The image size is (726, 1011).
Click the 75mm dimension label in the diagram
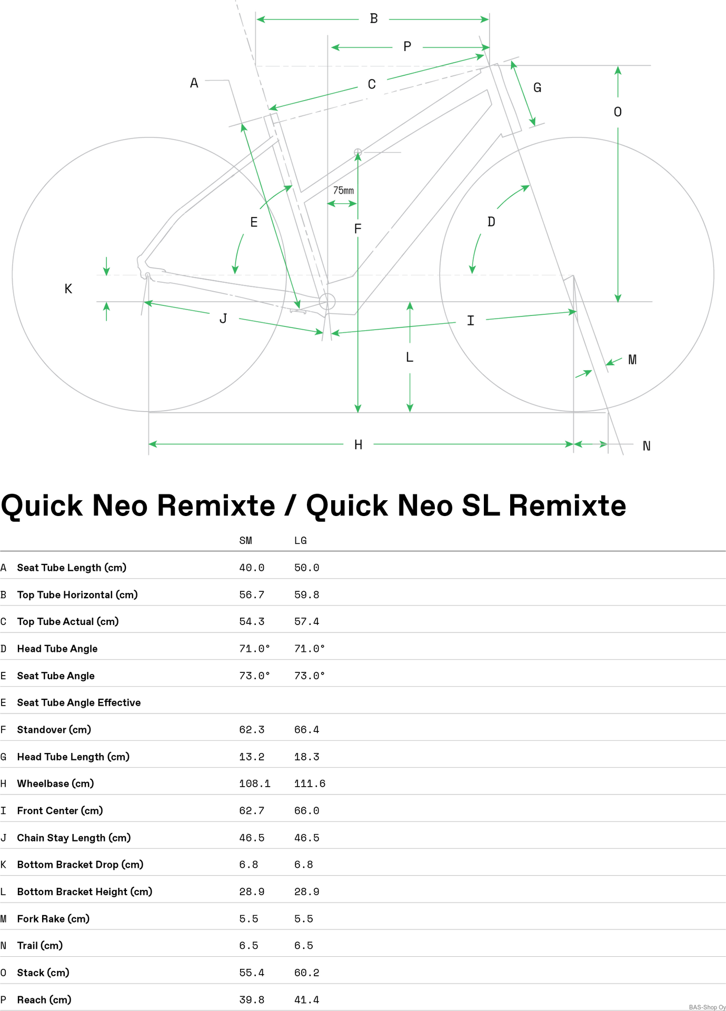click(x=343, y=190)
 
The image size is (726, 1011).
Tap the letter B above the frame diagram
click(x=374, y=19)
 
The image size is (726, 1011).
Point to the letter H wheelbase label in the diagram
click(x=358, y=445)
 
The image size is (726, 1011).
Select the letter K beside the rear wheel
click(x=68, y=289)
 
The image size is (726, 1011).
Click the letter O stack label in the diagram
click(x=618, y=112)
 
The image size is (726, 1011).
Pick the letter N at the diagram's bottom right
click(x=647, y=446)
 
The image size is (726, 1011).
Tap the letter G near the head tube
click(x=537, y=87)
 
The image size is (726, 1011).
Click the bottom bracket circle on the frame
click(x=327, y=302)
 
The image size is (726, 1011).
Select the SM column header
click(x=246, y=541)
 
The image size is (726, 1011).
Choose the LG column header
click(x=301, y=541)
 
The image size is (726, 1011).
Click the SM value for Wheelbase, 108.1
click(x=255, y=784)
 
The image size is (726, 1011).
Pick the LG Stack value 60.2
click(x=307, y=973)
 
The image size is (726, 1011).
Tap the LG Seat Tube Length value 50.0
click(x=307, y=568)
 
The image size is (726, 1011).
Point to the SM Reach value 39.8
click(x=252, y=999)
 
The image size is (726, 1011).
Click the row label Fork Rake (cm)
click(x=53, y=919)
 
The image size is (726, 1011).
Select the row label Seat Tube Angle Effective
click(x=79, y=702)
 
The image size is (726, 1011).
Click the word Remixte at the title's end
click(x=568, y=506)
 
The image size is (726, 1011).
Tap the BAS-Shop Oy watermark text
click(x=707, y=1007)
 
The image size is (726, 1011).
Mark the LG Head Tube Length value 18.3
click(x=307, y=757)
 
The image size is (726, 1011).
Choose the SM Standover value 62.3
click(x=252, y=730)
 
